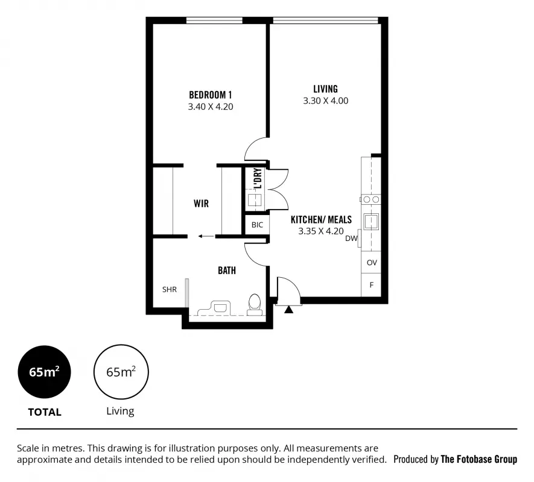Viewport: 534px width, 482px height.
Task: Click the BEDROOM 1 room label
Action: [210, 95]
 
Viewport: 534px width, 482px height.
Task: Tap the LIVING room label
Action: [325, 89]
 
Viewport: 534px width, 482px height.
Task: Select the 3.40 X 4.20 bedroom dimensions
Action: [210, 107]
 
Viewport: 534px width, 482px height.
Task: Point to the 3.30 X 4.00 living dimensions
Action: [325, 101]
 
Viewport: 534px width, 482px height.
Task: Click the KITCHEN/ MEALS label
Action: [320, 219]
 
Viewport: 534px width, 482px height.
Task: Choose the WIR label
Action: [201, 204]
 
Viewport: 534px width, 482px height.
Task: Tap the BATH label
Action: [227, 271]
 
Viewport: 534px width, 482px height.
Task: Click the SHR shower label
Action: [170, 289]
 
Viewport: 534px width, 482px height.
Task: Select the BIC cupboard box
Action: [257, 225]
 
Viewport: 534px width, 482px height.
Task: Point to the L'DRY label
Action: [257, 178]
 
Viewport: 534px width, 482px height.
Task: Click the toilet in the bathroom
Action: [255, 304]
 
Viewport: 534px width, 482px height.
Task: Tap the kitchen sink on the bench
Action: [370, 221]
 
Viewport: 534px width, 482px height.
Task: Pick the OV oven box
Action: [372, 263]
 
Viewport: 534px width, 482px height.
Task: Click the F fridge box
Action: [372, 284]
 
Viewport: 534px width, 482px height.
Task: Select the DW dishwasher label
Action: [351, 239]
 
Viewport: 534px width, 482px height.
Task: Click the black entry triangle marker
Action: [288, 310]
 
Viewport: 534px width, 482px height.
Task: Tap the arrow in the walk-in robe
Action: [205, 236]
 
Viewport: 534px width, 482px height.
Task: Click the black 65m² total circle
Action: [44, 372]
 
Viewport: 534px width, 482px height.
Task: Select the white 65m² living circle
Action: [121, 372]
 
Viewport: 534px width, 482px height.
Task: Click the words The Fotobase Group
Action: [478, 459]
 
